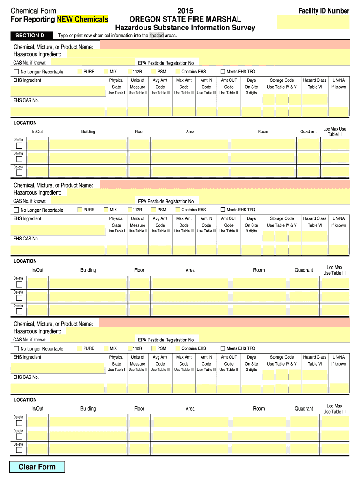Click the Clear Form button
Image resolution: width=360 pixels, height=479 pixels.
pos(37,467)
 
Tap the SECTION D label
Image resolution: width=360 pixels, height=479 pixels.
pos(30,36)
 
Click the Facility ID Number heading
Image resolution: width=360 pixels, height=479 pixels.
pos(324,11)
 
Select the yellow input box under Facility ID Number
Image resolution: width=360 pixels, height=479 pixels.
pos(313,22)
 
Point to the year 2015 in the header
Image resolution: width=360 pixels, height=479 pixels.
pos(185,11)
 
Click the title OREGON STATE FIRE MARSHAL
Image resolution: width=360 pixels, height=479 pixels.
pos(185,19)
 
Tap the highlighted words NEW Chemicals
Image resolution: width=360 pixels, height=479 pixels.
pos(82,19)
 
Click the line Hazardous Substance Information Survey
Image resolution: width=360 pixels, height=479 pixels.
pos(185,28)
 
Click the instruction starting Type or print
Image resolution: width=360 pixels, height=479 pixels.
pos(117,36)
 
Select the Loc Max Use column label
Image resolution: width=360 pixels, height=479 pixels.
pos(335,131)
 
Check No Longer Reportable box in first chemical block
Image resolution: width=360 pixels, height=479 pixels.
pos(16,72)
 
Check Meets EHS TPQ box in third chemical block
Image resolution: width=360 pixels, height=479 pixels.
pos(223,348)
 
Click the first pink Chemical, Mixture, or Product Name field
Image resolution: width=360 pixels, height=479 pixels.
pos(224,45)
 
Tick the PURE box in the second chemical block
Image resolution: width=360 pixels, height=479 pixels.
pos(79,210)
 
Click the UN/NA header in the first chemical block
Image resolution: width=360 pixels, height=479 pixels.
pos(338,83)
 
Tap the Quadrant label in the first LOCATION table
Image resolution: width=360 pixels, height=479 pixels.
pos(308,131)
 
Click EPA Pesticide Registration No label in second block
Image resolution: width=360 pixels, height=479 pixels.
pos(166,201)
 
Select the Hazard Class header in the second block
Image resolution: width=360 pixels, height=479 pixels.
pos(315,222)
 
